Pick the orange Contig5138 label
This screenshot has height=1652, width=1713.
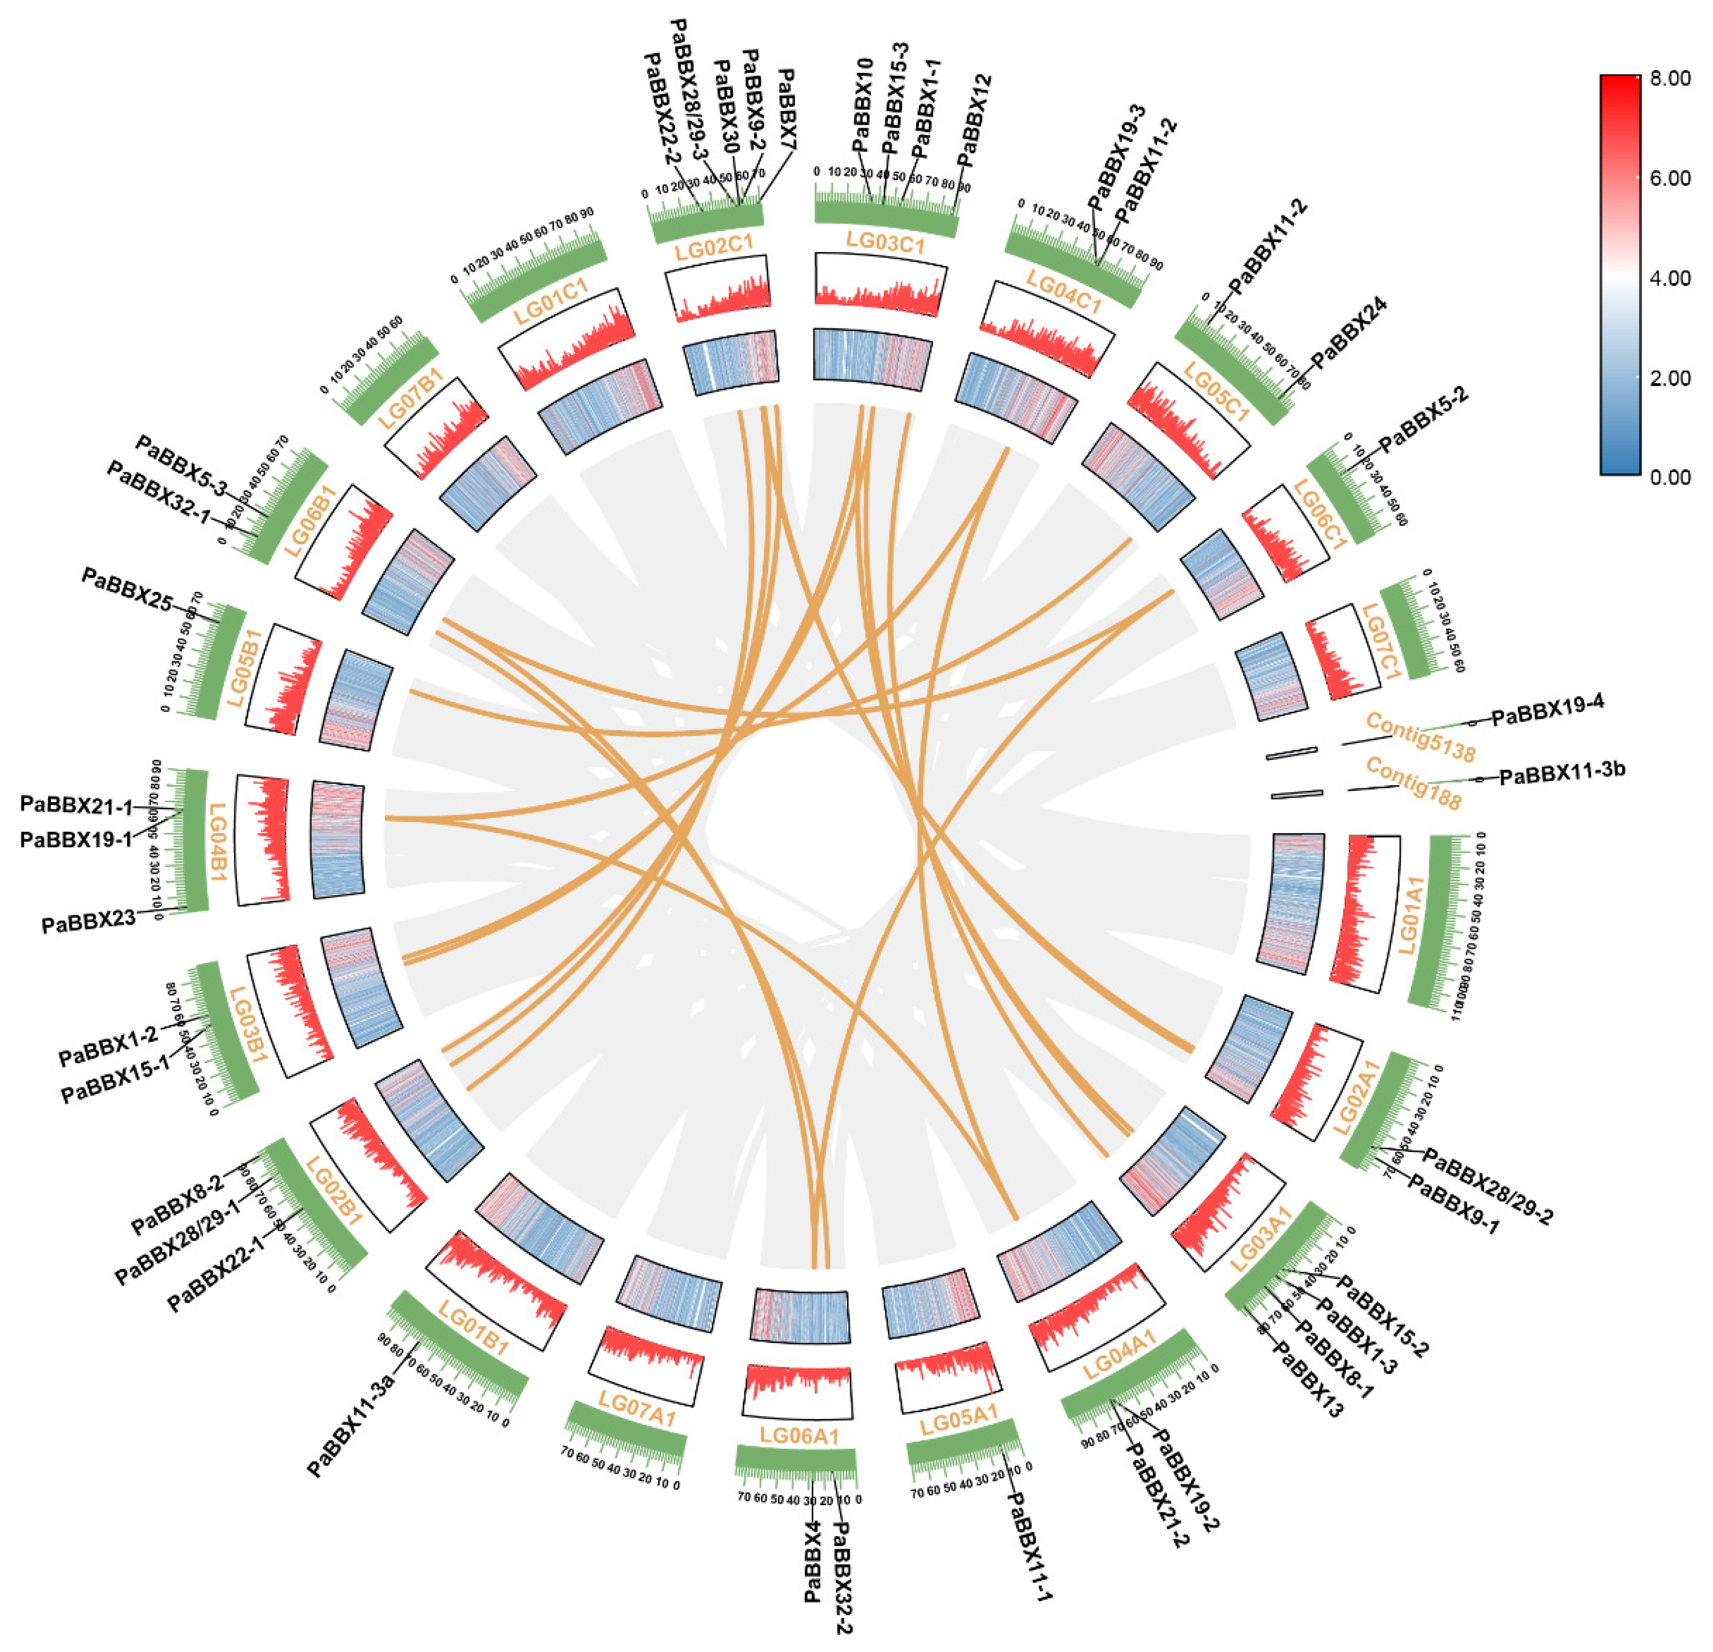(x=1420, y=737)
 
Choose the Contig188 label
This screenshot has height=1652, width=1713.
(x=1412, y=784)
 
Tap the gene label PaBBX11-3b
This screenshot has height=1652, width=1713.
(x=1562, y=773)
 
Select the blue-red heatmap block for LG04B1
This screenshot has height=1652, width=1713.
(x=337, y=838)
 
